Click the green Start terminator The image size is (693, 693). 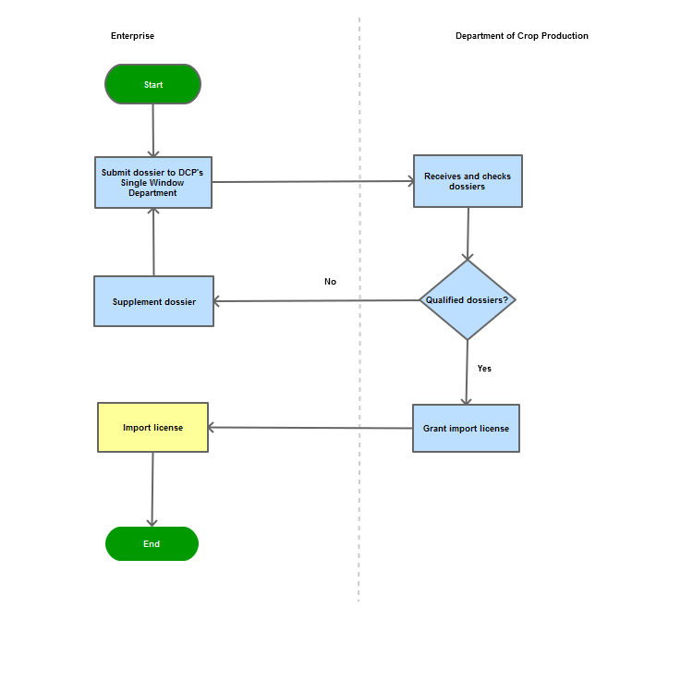[x=152, y=84]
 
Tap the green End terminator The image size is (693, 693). [x=152, y=543]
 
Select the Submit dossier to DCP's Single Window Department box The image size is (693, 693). [x=153, y=183]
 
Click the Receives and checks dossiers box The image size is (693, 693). [x=468, y=181]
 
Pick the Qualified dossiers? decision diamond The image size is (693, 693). [x=468, y=300]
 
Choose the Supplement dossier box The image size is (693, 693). [x=153, y=301]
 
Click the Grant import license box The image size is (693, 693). [x=466, y=428]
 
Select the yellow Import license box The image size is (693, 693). [x=152, y=428]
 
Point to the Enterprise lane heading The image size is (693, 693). [x=132, y=36]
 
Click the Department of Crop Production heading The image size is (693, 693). [x=522, y=36]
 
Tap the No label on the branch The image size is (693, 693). [x=330, y=282]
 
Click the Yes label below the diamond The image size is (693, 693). [x=484, y=368]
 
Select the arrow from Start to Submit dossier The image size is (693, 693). [x=152, y=131]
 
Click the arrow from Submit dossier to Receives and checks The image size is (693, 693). [x=313, y=181]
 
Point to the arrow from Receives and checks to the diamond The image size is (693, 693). [x=468, y=234]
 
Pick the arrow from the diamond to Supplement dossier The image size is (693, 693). [x=316, y=300]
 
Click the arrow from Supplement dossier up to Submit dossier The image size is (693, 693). [x=153, y=242]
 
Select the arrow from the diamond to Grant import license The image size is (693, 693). [x=467, y=372]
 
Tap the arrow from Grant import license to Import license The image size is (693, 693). [x=310, y=428]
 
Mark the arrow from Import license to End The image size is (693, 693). [x=152, y=489]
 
